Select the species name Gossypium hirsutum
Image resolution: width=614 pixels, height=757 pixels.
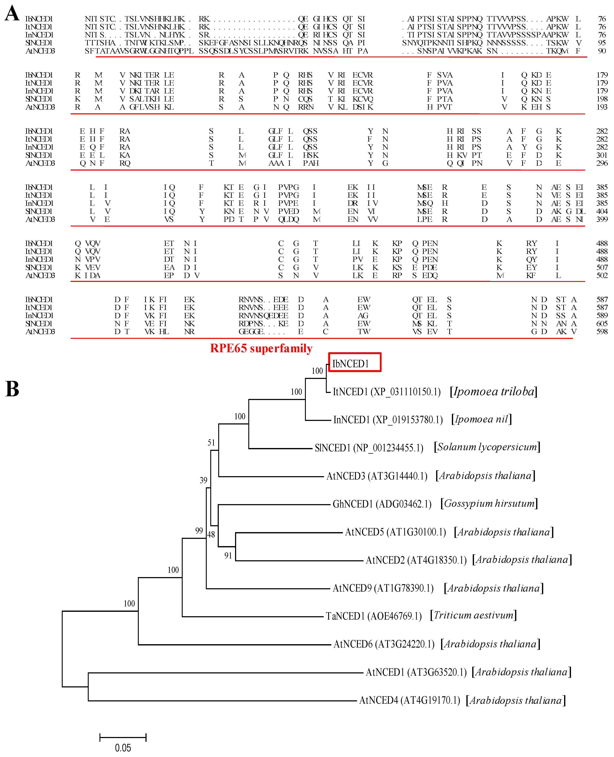tap(489, 504)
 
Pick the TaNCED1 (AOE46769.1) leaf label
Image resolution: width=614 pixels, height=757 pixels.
tap(374, 616)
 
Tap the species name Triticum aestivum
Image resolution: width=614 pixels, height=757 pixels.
tap(473, 616)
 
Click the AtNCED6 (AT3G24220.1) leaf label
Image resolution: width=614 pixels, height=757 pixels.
tap(384, 644)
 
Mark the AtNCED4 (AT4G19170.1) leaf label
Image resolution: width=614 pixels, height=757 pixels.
tap(410, 700)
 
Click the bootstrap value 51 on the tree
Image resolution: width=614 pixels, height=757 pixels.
tap(211, 443)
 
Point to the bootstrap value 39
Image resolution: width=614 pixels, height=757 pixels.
tap(203, 480)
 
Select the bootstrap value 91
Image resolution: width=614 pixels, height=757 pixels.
tap(228, 556)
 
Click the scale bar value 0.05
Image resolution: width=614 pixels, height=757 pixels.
tap(123, 748)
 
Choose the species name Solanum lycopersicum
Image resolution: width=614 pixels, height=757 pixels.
tap(487, 447)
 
